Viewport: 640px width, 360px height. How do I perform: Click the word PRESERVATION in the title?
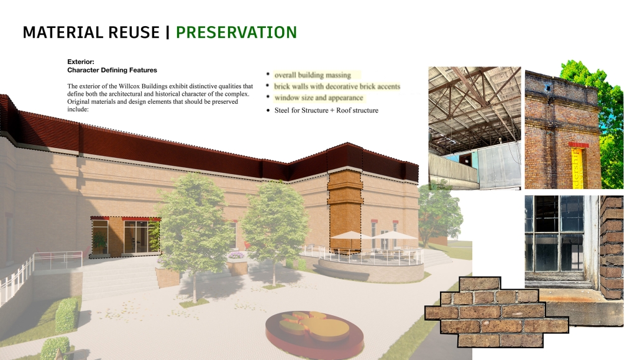[x=236, y=32]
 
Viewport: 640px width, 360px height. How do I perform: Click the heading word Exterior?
[x=81, y=62]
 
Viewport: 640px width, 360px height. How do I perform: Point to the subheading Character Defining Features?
[x=112, y=70]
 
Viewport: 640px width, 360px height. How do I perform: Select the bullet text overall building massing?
[x=313, y=75]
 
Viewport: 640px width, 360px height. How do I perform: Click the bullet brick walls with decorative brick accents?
[x=337, y=86]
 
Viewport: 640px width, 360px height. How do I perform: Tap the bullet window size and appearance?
[x=319, y=98]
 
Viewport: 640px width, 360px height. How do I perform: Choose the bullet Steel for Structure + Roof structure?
[x=327, y=110]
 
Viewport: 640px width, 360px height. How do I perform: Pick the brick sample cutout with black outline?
[x=496, y=313]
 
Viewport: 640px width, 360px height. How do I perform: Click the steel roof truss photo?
[x=475, y=128]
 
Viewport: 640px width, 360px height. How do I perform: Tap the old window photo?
[x=574, y=261]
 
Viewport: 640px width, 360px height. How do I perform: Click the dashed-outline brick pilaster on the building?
[x=345, y=211]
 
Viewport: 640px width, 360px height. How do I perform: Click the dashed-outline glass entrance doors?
[x=125, y=237]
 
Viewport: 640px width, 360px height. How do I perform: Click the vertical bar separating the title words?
[x=168, y=32]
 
